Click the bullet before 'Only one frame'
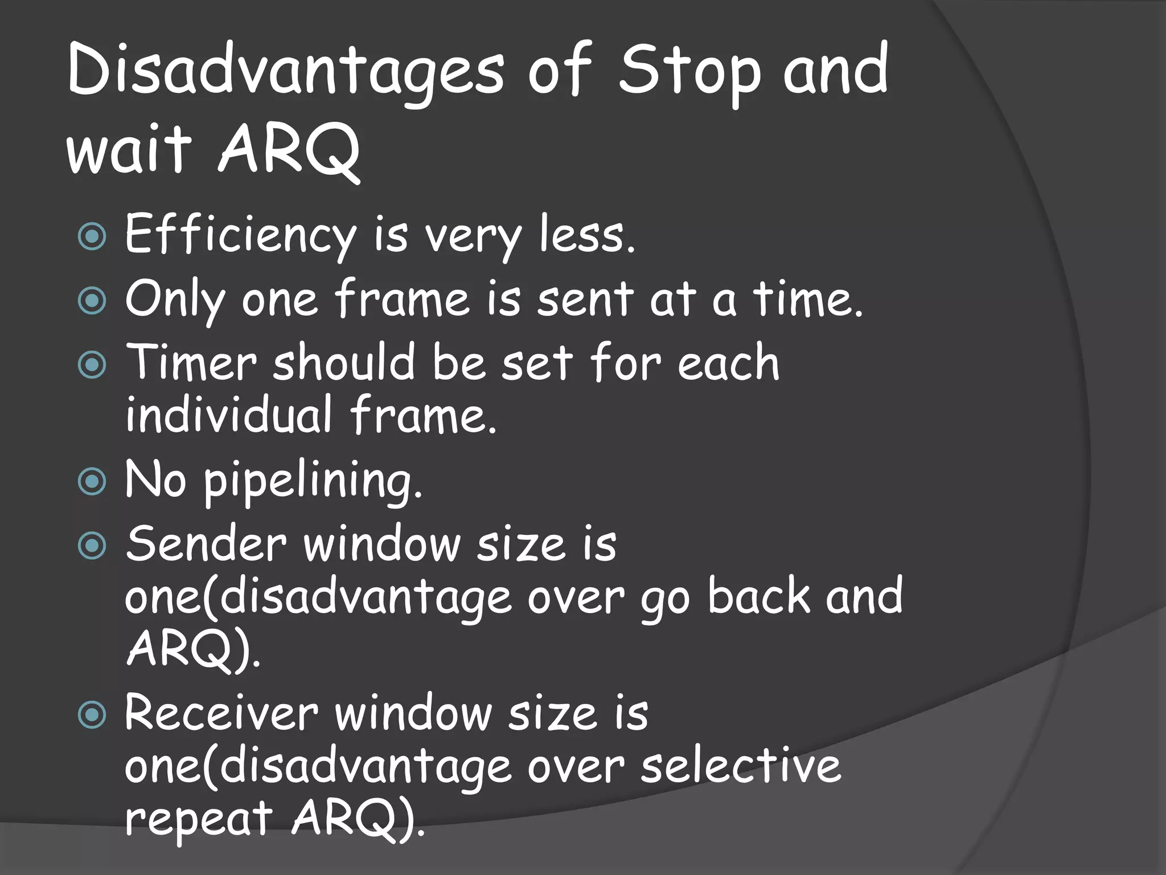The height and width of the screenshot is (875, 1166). [92, 300]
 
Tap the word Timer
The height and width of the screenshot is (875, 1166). [191, 363]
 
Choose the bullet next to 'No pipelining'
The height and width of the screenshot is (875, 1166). [92, 482]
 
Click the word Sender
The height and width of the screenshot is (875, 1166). [205, 545]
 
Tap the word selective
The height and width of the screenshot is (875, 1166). [740, 766]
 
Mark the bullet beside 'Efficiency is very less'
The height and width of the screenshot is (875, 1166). [92, 236]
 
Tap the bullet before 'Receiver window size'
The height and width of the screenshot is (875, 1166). [92, 714]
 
